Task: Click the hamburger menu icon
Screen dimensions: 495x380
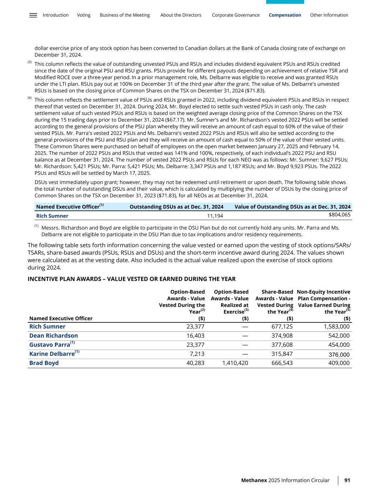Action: [x=33, y=15]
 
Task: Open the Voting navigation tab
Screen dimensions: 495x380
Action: [x=84, y=15]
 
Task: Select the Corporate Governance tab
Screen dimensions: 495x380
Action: [x=236, y=15]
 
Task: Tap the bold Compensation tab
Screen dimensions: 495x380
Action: [x=285, y=15]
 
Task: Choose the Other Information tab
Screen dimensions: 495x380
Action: [x=329, y=15]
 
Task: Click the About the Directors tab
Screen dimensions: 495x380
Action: [x=181, y=15]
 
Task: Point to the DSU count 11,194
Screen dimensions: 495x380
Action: [x=215, y=216]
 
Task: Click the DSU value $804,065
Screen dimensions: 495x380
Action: [x=339, y=215]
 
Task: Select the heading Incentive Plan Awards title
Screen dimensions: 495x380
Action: [x=132, y=279]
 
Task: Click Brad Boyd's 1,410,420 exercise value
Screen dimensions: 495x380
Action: [x=235, y=363]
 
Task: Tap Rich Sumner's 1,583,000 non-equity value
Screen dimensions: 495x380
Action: [x=336, y=326]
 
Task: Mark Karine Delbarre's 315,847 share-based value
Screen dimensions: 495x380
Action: [x=282, y=354]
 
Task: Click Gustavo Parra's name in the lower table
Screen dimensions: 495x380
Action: [x=50, y=345]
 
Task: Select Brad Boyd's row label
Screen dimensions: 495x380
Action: [x=44, y=363]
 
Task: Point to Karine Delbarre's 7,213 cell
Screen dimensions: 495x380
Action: [x=197, y=354]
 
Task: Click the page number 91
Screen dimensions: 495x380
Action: [x=347, y=480]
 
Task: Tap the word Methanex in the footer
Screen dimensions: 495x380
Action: [x=254, y=480]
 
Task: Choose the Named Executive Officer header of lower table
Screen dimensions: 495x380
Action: [x=61, y=318]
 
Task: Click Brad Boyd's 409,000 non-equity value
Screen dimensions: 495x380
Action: [x=338, y=363]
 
